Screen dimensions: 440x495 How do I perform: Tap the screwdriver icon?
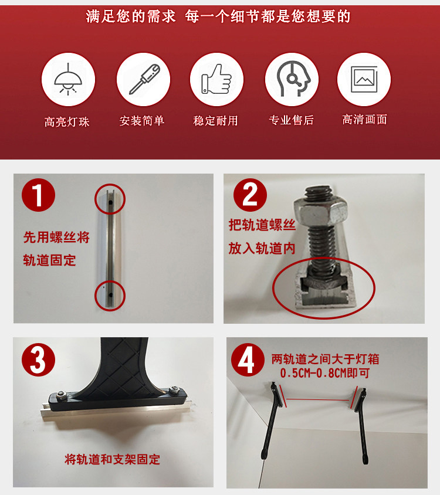tap(144, 79)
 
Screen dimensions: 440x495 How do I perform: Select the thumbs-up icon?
tap(216, 79)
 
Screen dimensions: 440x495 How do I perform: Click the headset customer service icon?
tap(293, 79)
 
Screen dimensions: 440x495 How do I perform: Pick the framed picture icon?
tap(364, 79)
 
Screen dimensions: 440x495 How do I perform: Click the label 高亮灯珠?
tap(67, 122)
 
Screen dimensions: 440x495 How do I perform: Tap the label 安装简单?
tap(142, 121)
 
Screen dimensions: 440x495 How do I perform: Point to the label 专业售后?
tap(291, 120)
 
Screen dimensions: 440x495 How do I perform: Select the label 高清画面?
tap(365, 119)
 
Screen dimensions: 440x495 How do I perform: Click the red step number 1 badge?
tap(38, 195)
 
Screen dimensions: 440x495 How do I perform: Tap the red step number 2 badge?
tap(250, 195)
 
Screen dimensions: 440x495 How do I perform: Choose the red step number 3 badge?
tap(38, 360)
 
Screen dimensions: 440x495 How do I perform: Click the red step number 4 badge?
tap(248, 360)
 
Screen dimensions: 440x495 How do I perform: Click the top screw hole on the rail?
tap(110, 202)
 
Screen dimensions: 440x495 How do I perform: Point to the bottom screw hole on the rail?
tap(110, 295)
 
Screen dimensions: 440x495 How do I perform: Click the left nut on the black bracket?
tap(61, 394)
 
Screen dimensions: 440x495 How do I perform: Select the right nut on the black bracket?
tap(174, 389)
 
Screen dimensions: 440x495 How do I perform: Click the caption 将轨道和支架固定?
tap(112, 459)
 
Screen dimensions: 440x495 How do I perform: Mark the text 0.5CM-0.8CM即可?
tap(325, 373)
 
